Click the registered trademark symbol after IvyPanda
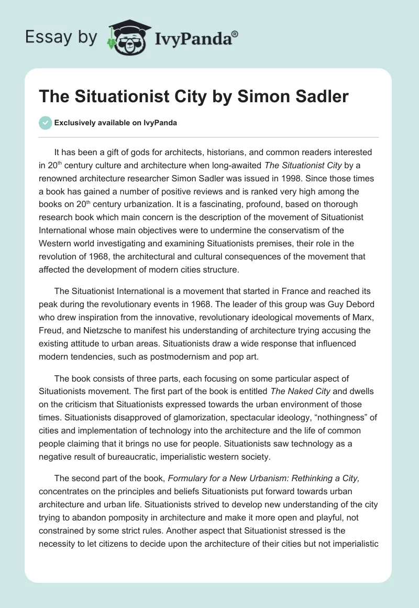click(x=235, y=33)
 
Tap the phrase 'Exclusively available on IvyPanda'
click(x=116, y=123)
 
